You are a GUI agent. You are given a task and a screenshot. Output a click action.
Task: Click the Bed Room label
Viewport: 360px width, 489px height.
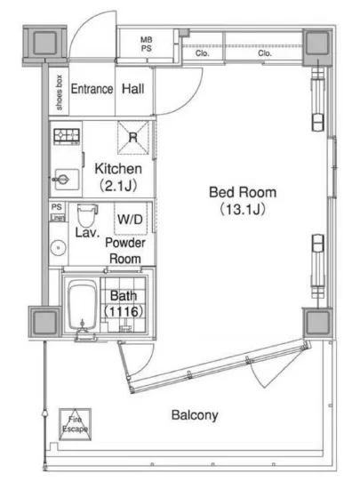[x=243, y=192]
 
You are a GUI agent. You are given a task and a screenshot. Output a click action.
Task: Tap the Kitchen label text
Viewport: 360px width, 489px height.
[x=118, y=169]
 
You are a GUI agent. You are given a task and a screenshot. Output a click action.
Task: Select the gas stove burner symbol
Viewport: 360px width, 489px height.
[x=67, y=136]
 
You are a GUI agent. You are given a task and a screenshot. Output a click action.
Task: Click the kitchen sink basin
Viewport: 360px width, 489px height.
[x=67, y=180]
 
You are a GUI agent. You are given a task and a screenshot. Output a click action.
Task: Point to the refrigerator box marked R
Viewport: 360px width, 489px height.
[x=133, y=137]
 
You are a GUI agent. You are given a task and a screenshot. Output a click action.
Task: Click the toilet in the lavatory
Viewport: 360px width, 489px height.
[x=86, y=215]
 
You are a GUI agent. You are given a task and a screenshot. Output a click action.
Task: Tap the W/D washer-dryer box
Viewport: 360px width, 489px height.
[x=131, y=219]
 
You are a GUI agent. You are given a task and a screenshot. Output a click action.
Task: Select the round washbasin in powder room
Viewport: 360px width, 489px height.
[x=58, y=248]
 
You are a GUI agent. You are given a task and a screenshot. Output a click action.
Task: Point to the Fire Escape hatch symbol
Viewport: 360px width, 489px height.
[x=76, y=424]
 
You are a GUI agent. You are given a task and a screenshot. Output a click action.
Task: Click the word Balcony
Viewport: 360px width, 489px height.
[x=195, y=415]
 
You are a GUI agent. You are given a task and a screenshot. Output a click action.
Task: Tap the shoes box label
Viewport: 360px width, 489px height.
[x=59, y=92]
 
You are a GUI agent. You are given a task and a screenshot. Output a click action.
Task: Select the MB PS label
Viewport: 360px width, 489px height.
[x=146, y=44]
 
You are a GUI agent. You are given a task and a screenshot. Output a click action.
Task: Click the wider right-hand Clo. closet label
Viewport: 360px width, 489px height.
[x=265, y=53]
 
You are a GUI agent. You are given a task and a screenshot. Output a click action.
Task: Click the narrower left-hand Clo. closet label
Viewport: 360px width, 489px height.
[x=203, y=53]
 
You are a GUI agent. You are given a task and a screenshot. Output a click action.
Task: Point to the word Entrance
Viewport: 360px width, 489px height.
[x=92, y=89]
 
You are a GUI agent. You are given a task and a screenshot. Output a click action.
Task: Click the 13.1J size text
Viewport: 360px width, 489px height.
[x=243, y=209]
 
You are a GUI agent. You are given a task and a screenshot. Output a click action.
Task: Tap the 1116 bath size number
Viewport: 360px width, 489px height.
[x=124, y=311]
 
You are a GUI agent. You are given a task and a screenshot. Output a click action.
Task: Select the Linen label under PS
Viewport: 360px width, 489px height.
[x=58, y=218]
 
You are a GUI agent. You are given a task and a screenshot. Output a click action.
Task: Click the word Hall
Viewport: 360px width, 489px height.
[x=133, y=89]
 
